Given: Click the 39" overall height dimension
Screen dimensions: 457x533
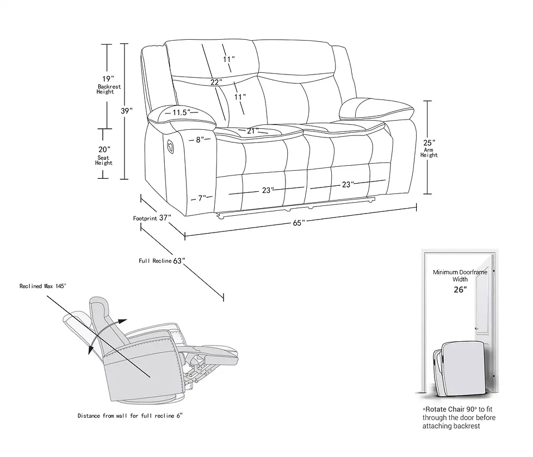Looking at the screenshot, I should tap(127, 111).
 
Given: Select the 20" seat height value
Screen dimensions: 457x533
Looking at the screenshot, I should tap(104, 149).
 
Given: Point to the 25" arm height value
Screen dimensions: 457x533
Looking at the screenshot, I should tap(429, 142).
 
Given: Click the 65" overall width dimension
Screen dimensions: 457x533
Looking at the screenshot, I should tap(299, 222).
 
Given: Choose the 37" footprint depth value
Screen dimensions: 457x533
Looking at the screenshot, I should tap(165, 218).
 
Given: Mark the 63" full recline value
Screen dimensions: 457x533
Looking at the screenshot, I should tap(179, 261).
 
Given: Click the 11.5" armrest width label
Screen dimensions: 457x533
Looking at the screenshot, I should tap(181, 112).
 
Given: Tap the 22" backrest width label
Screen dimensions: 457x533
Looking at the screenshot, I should tap(216, 83).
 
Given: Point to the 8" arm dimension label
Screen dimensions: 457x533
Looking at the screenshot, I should tap(200, 140).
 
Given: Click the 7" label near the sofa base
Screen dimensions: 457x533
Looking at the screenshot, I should tap(202, 198).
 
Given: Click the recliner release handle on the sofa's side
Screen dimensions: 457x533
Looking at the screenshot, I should tap(170, 146).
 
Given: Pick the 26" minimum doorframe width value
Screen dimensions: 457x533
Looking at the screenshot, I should tap(460, 290).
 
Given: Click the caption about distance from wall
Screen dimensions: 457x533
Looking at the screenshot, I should tap(129, 416).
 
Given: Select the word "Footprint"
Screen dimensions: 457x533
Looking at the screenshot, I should tap(145, 218).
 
